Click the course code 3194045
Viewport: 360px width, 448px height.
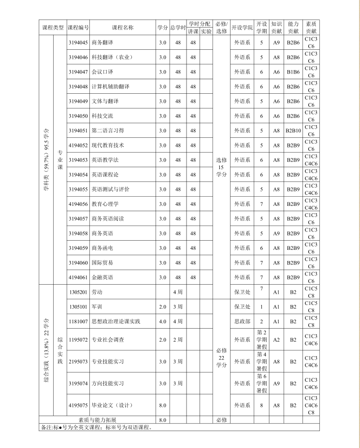click(78, 43)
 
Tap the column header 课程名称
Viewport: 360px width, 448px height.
click(122, 28)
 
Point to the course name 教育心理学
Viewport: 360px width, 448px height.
click(105, 204)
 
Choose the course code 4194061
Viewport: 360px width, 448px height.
click(78, 277)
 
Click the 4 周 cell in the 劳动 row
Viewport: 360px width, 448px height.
click(178, 292)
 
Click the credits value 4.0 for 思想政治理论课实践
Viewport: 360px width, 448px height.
click(162, 321)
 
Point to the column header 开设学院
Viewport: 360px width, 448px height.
click(242, 28)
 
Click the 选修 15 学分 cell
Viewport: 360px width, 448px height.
click(221, 167)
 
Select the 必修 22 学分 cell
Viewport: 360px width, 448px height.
click(221, 358)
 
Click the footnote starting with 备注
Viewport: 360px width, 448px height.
click(97, 427)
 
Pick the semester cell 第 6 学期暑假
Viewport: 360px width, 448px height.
click(261, 383)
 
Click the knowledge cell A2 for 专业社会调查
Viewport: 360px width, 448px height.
click(276, 340)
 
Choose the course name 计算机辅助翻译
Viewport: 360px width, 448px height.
click(110, 87)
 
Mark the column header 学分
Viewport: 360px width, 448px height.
click(162, 28)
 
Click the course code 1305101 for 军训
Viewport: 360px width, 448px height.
click(78, 307)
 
